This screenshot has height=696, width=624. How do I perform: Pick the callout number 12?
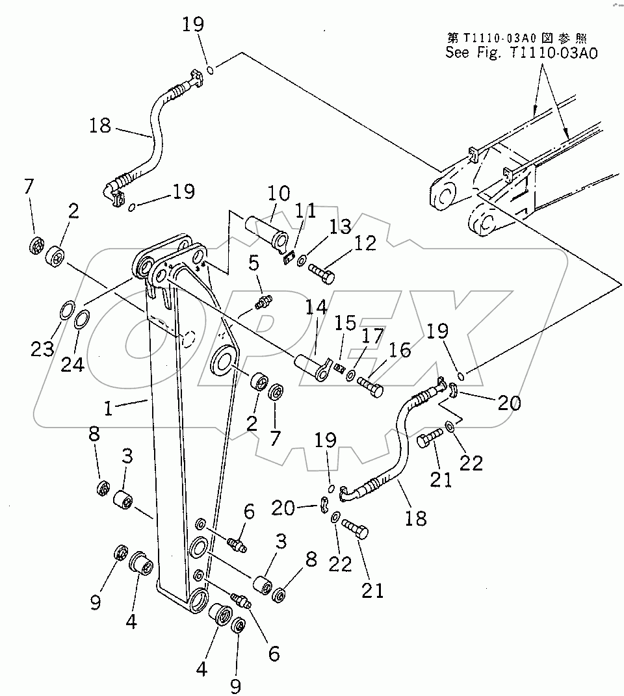point(365,243)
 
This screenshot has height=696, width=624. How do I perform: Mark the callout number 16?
point(400,351)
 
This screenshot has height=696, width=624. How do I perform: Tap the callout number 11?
point(305,211)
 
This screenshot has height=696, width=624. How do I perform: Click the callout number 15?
point(344,322)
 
